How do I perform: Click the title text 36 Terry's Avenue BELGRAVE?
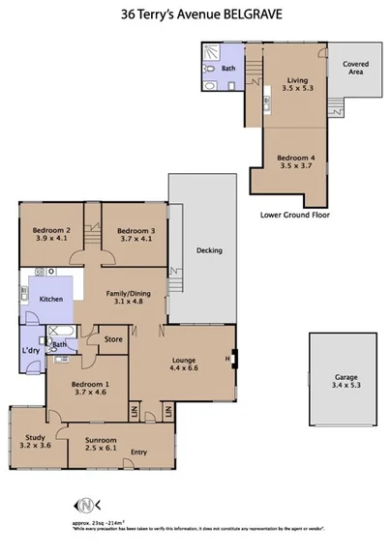tap(195, 15)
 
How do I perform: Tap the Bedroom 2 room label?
tap(52, 235)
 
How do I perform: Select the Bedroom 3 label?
tap(135, 235)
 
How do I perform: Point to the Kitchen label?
tap(51, 300)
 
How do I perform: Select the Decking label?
tap(209, 250)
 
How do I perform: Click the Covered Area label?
tap(355, 68)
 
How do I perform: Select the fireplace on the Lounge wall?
tap(232, 362)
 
